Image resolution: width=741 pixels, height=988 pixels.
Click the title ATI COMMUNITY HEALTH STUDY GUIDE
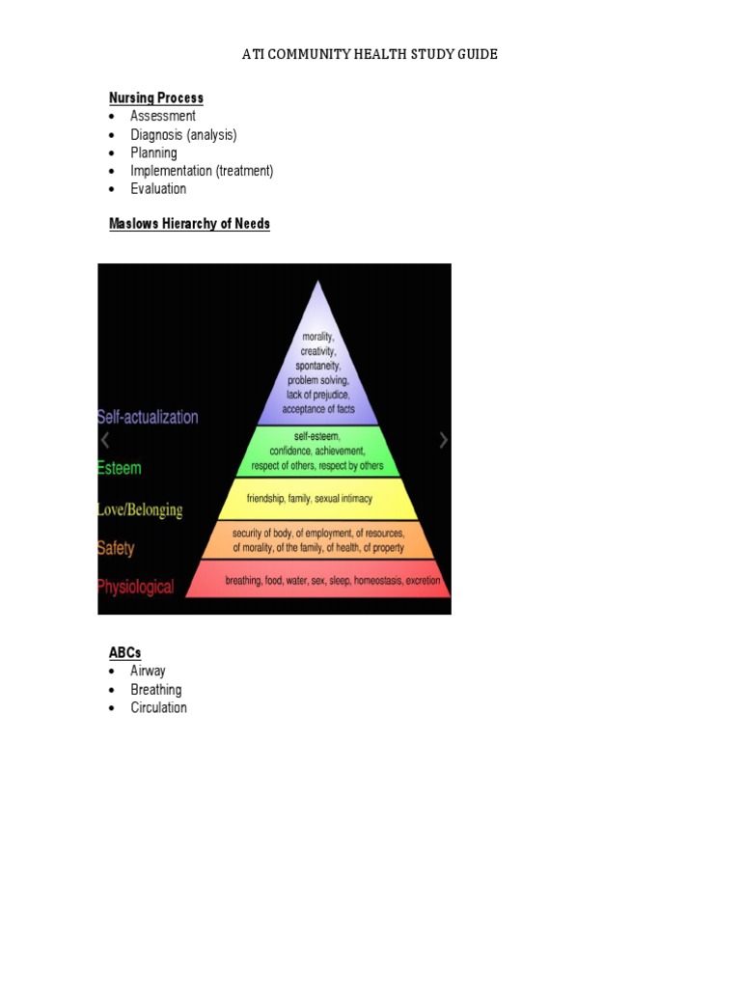[x=370, y=54]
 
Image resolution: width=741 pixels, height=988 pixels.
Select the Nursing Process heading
[x=155, y=97]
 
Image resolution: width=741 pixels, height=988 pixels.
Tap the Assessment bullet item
[x=163, y=116]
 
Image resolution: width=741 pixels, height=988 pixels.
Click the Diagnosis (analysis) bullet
[x=183, y=134]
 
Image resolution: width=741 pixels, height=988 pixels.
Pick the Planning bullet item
[x=153, y=152]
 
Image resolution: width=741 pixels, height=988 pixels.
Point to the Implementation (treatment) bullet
[x=202, y=171]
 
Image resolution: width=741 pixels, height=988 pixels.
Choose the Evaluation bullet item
[x=158, y=188]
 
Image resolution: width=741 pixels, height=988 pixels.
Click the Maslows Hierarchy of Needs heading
[x=189, y=224]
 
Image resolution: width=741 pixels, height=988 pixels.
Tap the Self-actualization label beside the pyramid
[x=148, y=417]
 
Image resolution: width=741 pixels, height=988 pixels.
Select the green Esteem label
[x=120, y=468]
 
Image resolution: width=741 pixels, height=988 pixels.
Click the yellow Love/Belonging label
[x=140, y=508]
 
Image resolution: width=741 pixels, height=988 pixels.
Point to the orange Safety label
[x=116, y=548]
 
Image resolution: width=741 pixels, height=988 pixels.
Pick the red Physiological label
[x=136, y=586]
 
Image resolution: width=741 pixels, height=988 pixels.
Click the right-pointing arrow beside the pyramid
[x=443, y=440]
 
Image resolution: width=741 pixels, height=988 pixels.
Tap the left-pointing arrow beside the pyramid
[x=105, y=440]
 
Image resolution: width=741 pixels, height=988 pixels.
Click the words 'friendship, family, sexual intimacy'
[x=317, y=499]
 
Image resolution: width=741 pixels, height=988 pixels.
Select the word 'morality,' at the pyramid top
[x=317, y=337]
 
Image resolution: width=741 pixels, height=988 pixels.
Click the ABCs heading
[x=124, y=653]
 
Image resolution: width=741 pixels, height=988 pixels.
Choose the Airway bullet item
[x=148, y=671]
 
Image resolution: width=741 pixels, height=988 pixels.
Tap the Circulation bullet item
[x=158, y=707]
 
